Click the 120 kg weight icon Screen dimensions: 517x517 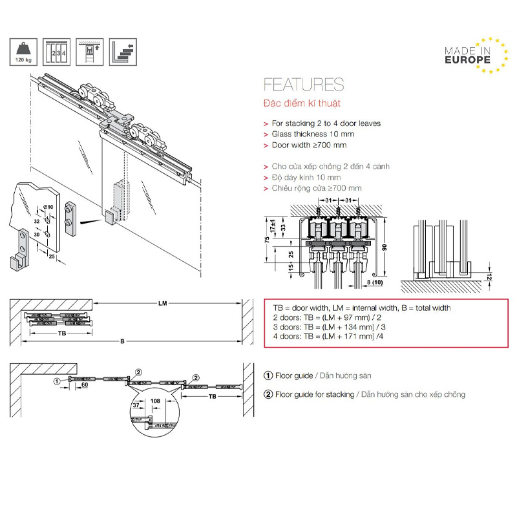[23, 52]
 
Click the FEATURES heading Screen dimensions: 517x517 [303, 85]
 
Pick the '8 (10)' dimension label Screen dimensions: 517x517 [373, 282]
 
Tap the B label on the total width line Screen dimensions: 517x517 [123, 342]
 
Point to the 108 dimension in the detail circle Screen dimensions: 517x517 [154, 401]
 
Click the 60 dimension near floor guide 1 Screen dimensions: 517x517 [85, 386]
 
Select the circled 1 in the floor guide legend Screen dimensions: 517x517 [268, 375]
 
